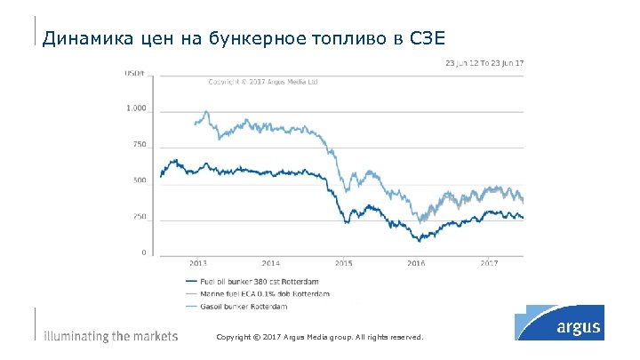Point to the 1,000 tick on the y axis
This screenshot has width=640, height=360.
135,108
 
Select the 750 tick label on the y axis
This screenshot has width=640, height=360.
138,144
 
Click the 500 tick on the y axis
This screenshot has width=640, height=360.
138,180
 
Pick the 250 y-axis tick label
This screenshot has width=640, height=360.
138,217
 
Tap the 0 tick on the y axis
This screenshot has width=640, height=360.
143,253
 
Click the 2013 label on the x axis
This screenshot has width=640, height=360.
198,264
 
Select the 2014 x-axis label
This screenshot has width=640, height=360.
271,264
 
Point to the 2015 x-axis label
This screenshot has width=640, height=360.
344,264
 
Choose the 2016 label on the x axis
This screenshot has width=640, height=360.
416,264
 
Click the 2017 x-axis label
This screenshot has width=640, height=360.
489,264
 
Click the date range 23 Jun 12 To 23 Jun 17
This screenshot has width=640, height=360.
484,63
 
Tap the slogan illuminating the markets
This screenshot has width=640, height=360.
111,337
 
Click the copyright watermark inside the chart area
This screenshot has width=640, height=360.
262,81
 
